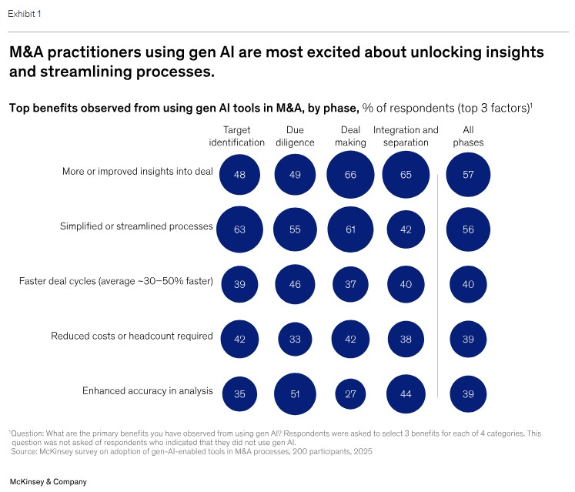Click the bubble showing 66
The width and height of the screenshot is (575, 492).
(x=350, y=175)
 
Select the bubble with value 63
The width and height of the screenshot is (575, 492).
(x=239, y=229)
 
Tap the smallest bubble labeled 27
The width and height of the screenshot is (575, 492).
(x=350, y=393)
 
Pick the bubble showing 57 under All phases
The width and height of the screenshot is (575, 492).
(x=468, y=175)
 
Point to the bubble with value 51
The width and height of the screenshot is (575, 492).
(x=295, y=393)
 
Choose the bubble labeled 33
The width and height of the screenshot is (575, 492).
(x=295, y=339)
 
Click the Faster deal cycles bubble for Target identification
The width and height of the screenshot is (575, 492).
(x=239, y=284)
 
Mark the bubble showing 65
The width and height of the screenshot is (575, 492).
(x=406, y=175)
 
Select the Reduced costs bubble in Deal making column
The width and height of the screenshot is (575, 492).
(x=350, y=339)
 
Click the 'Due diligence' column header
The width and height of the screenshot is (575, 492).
(x=295, y=136)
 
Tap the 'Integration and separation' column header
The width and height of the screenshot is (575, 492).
(x=406, y=136)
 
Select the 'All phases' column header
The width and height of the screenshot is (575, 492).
(x=468, y=136)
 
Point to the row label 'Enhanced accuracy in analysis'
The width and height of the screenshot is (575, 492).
(x=147, y=391)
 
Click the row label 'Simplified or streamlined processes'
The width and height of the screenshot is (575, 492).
(x=136, y=226)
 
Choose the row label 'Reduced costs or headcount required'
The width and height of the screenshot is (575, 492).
(x=132, y=336)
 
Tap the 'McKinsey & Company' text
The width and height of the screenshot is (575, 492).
(x=48, y=481)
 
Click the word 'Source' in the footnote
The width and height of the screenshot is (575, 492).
(x=25, y=452)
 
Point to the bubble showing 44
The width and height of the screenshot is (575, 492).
(x=406, y=393)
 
